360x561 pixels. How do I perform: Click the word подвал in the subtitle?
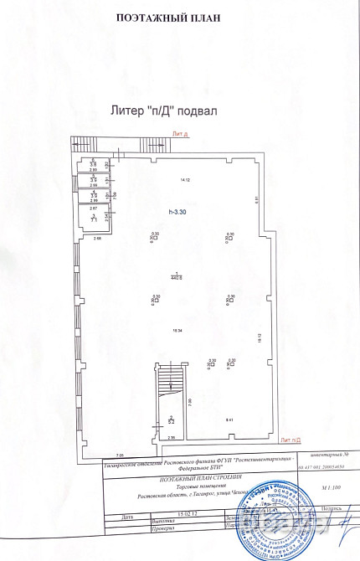(x=220, y=109)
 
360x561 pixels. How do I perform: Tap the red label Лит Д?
(x=180, y=133)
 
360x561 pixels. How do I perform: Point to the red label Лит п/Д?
(x=291, y=440)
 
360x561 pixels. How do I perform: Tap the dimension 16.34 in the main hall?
(x=178, y=330)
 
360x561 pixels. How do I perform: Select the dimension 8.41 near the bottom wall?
(x=229, y=419)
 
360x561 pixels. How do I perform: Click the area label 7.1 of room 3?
(x=95, y=219)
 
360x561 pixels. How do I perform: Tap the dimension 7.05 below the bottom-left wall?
(x=95, y=451)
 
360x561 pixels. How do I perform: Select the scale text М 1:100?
(x=332, y=486)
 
